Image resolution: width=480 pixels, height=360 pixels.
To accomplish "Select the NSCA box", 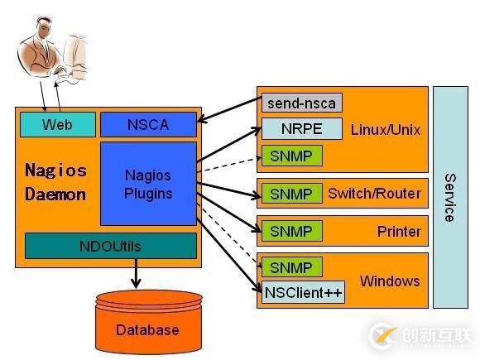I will [148, 125].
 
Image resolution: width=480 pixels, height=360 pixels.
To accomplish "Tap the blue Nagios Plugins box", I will [148, 184].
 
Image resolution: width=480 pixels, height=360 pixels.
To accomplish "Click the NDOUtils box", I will [111, 246].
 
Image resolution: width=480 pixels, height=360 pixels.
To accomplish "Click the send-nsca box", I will [302, 103].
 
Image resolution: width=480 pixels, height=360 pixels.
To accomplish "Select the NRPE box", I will [302, 129].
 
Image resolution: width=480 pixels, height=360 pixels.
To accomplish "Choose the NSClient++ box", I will [304, 292].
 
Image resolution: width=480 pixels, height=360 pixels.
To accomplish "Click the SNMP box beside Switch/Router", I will [291, 194].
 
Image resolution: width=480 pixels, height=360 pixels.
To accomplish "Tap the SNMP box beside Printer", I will [291, 231].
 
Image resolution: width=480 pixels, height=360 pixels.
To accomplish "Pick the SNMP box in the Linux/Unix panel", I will [291, 155].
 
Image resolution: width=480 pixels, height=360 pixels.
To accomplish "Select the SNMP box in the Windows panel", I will [291, 267].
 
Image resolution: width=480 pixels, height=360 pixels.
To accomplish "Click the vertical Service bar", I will [449, 197].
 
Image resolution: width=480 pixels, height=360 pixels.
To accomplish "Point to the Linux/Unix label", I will [386, 130].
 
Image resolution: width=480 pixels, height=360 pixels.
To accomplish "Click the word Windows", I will [390, 281].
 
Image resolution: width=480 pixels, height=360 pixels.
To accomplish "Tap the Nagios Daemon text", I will [55, 183].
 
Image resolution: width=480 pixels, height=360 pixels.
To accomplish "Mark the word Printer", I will [399, 231].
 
